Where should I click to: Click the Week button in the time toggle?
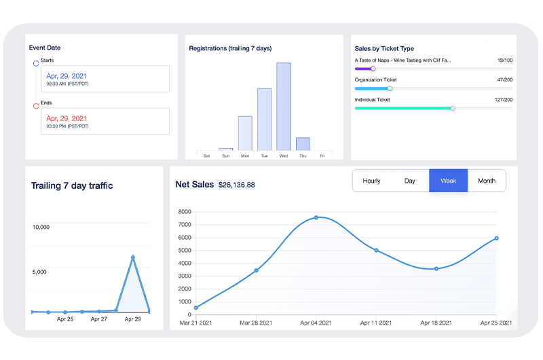click(448, 181)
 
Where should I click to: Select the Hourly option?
click(371, 181)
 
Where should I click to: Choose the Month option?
click(486, 181)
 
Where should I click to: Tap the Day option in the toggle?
click(409, 181)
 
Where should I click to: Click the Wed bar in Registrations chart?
click(284, 107)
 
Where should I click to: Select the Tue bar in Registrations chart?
click(265, 120)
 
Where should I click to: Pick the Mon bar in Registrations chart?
click(245, 133)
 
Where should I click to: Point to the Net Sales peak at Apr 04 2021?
click(316, 217)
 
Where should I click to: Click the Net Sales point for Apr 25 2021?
click(496, 238)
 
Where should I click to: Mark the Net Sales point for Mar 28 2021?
click(256, 270)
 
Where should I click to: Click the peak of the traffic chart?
click(133, 257)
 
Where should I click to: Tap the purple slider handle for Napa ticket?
click(373, 69)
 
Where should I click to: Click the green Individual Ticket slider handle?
click(453, 108)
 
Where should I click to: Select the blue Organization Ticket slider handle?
click(390, 88)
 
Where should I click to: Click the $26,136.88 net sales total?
click(237, 185)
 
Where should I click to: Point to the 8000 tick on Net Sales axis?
click(185, 211)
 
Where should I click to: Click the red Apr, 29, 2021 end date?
click(67, 118)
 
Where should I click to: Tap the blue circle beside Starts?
click(36, 63)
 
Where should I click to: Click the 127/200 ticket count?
click(503, 100)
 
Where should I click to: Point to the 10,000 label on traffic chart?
click(41, 227)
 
